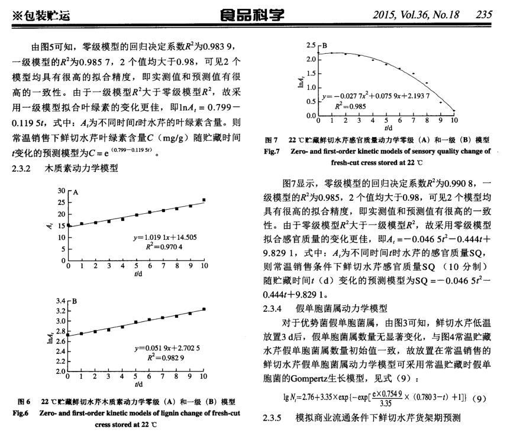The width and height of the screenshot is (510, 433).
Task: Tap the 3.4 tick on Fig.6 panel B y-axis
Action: (x=60, y=301)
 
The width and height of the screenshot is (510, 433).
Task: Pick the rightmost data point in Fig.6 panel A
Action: (x=204, y=200)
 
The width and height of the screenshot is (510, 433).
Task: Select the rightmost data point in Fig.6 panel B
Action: (x=204, y=309)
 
